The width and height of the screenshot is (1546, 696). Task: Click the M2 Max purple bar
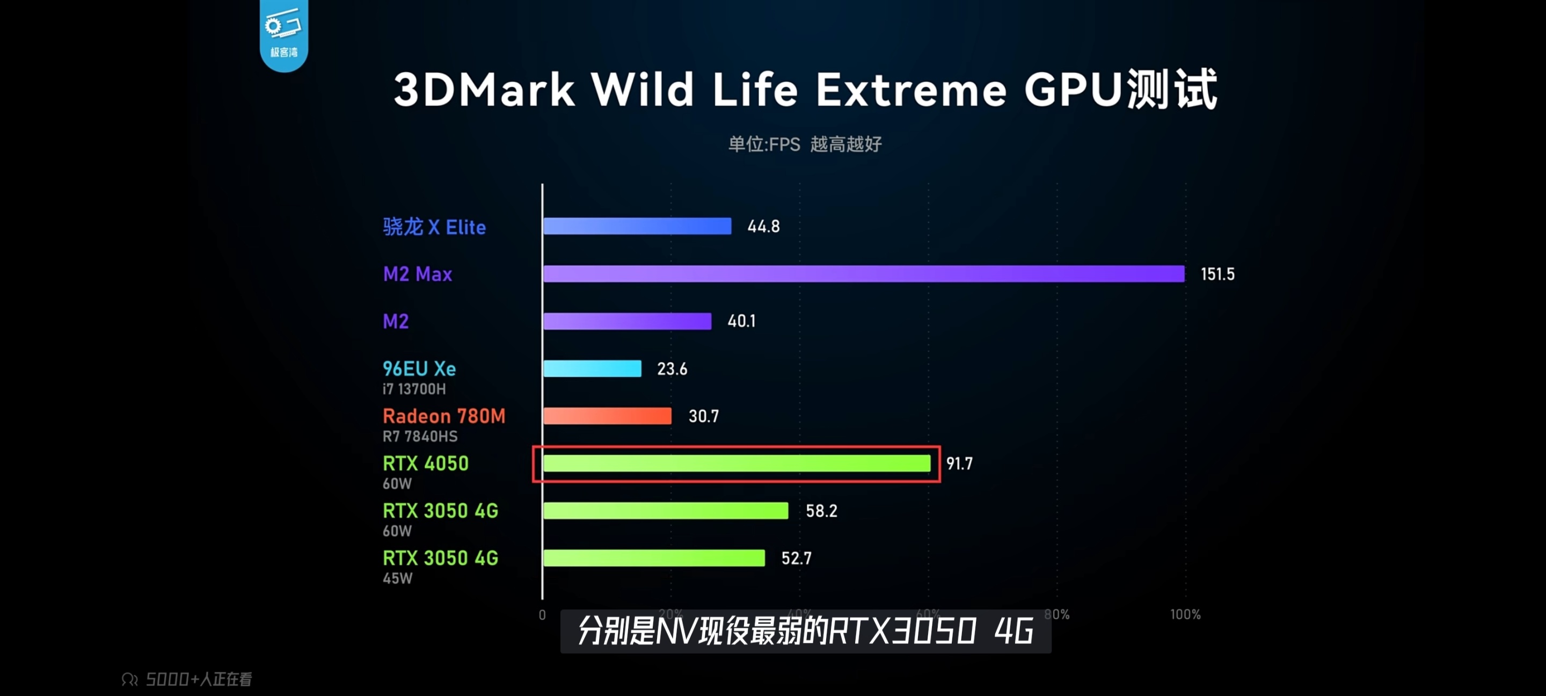point(864,274)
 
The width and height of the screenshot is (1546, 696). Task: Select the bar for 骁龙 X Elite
point(637,227)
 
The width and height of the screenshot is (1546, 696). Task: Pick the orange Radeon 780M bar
point(607,416)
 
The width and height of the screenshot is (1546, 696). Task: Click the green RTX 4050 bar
point(736,463)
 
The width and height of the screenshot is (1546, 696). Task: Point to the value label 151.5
point(1217,274)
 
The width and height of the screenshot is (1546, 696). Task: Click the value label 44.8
point(763,227)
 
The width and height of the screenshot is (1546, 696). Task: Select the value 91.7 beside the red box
point(959,463)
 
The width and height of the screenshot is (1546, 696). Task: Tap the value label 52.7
point(796,559)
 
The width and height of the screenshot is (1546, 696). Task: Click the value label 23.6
point(672,369)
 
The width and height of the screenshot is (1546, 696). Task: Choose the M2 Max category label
point(417,274)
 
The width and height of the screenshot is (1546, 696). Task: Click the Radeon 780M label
point(444,416)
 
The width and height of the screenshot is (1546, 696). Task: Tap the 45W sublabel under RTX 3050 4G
point(397,579)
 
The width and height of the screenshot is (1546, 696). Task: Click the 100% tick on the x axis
point(1185,614)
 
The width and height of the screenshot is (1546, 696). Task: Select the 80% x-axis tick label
point(1057,614)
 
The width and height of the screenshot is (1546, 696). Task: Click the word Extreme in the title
point(910,90)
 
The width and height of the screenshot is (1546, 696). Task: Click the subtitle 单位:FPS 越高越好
point(805,144)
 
